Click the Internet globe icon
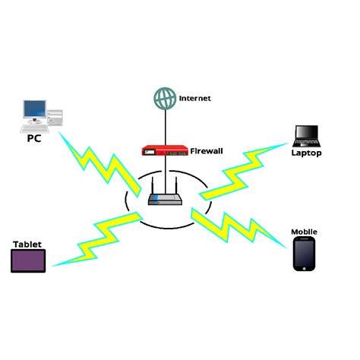[x=163, y=99]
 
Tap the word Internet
[x=194, y=99]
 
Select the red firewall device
[x=165, y=151]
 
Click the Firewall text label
[x=206, y=150]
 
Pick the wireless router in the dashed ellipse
[x=164, y=200]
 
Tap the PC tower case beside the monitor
[x=55, y=116]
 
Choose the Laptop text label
[x=307, y=153]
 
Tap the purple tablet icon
[x=28, y=261]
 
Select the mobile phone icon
[x=304, y=254]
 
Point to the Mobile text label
[x=304, y=231]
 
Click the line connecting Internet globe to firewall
[x=163, y=125]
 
